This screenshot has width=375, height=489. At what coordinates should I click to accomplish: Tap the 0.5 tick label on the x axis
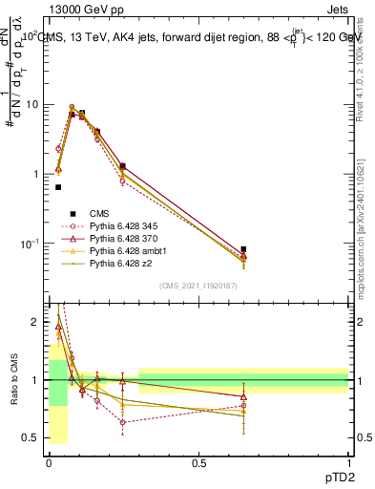pos(198,463)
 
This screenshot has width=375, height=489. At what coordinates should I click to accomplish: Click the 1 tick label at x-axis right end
pos(349,463)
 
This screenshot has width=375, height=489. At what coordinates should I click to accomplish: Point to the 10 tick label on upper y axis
pos(30,104)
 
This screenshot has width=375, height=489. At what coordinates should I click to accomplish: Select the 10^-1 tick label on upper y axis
pos(28,244)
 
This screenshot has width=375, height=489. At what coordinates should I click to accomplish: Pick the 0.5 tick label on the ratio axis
pos(31,437)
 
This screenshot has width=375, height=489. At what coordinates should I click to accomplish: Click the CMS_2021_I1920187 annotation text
pos(198,286)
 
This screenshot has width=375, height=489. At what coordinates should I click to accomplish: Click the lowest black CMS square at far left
pos(58,187)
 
